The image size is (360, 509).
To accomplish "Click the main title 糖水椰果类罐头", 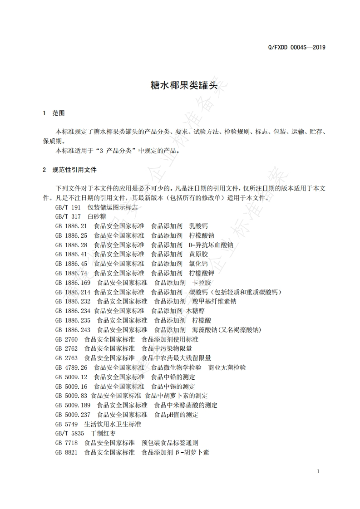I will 180,85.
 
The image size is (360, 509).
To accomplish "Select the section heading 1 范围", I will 53,113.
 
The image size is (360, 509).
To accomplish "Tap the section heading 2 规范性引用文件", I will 69,170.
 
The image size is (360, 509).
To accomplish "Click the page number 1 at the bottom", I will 318,471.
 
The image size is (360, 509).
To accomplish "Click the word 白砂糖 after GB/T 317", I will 97,216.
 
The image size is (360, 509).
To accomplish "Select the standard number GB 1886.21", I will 71,226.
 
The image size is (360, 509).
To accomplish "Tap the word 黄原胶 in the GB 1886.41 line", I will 198,254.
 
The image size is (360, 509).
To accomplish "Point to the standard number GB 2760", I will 66,339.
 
